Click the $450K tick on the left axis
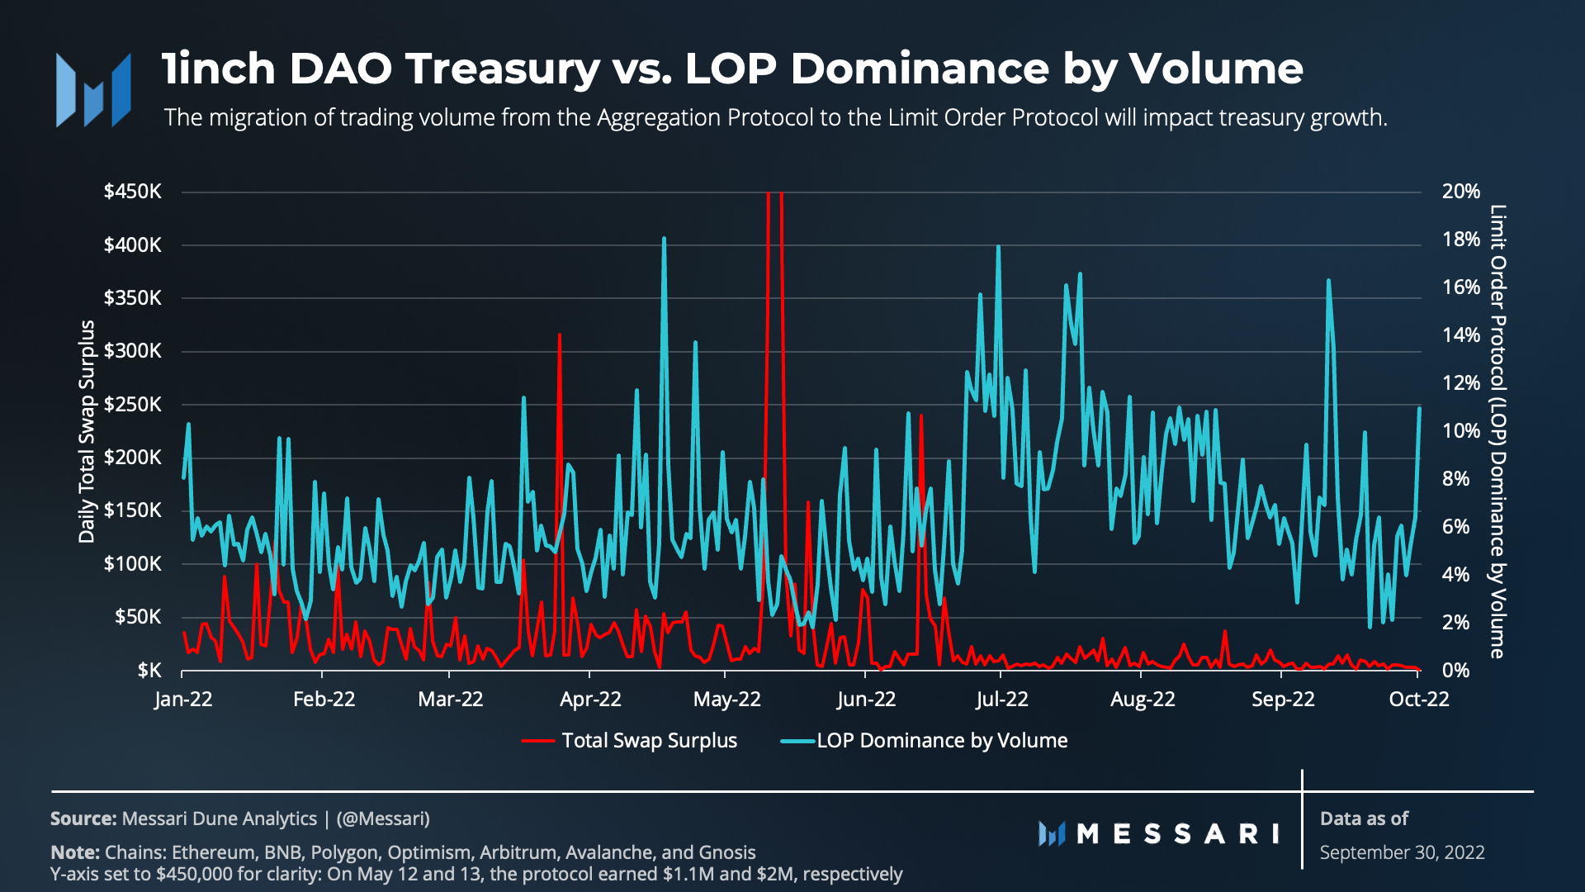pyautogui.click(x=132, y=192)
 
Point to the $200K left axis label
pyautogui.click(x=132, y=458)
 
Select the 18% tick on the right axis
pyautogui.click(x=1460, y=240)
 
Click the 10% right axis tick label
pyautogui.click(x=1460, y=431)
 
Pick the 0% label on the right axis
pyautogui.click(x=1455, y=670)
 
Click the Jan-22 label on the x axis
pyautogui.click(x=183, y=700)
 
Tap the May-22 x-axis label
pyautogui.click(x=726, y=700)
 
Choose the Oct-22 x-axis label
pyautogui.click(x=1418, y=700)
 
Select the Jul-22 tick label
pyautogui.click(x=1001, y=700)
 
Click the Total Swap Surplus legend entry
pyautogui.click(x=649, y=741)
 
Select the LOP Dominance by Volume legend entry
pyautogui.click(x=941, y=741)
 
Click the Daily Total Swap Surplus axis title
pyautogui.click(x=87, y=431)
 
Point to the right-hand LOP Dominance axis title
pyautogui.click(x=1497, y=431)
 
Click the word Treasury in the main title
pyautogui.click(x=504, y=69)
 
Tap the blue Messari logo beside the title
pyautogui.click(x=93, y=90)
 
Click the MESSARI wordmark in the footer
pyautogui.click(x=1177, y=833)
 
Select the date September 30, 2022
pyautogui.click(x=1402, y=852)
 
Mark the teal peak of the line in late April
pyautogui.click(x=664, y=239)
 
